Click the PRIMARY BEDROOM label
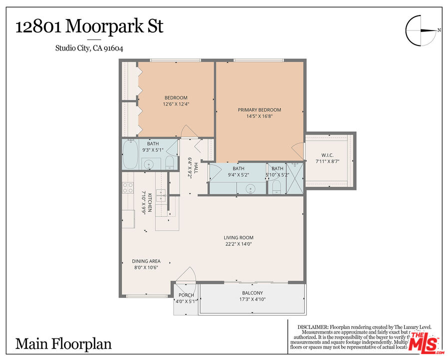click(259, 110)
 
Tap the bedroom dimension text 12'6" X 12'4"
click(176, 104)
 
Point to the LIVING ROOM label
click(238, 238)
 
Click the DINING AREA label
click(146, 261)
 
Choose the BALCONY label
click(252, 293)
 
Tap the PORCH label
click(186, 295)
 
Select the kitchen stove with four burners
click(128, 187)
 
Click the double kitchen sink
click(161, 195)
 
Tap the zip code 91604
click(112, 48)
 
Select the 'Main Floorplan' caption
click(63, 344)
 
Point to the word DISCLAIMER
click(312, 326)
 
